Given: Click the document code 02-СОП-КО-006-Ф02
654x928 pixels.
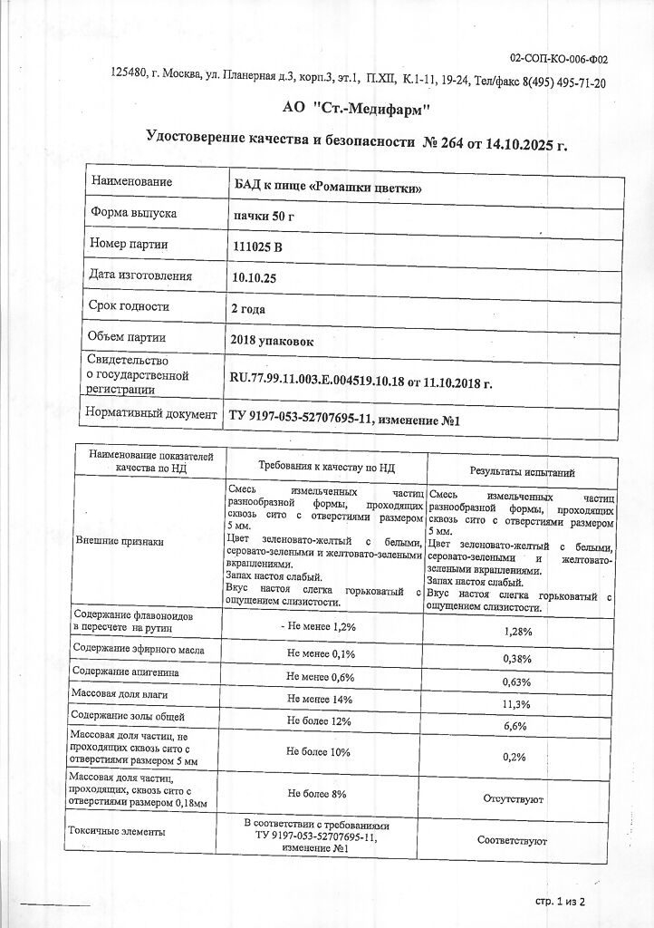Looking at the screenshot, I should (559, 60).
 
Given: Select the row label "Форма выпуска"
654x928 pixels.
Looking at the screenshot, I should (134, 214).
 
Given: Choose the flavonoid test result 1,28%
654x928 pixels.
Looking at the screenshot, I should (516, 631).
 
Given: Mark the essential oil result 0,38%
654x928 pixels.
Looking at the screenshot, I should (516, 659).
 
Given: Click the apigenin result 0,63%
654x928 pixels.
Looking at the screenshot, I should (516, 681).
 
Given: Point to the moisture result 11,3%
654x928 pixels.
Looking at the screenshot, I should (516, 704).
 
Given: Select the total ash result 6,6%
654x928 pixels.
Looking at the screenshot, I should (516, 727).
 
